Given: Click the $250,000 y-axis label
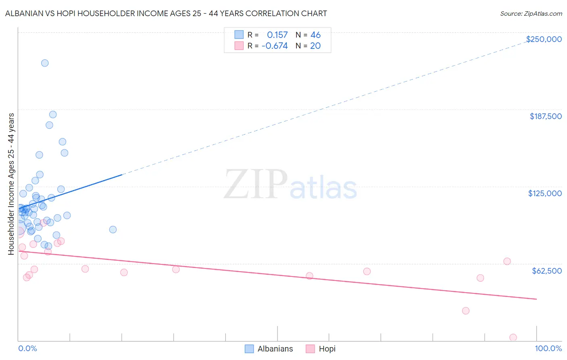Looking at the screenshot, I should (x=544, y=39).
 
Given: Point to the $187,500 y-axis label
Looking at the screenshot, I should (x=545, y=116).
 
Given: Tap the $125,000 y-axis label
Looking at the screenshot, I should (x=545, y=193).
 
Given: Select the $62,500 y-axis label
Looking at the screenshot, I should (x=546, y=271).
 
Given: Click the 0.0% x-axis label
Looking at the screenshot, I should (x=27, y=348).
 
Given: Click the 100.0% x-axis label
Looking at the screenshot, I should (x=548, y=348).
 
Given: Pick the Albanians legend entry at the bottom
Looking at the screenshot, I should (x=269, y=349).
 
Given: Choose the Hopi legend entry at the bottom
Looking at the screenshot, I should (x=321, y=349).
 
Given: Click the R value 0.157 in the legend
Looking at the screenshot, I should (x=277, y=35).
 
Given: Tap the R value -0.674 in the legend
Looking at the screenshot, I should (x=275, y=46).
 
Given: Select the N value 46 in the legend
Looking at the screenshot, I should (x=315, y=35).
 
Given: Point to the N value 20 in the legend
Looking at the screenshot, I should (x=315, y=46).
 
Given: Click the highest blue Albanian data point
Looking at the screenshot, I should (x=45, y=63).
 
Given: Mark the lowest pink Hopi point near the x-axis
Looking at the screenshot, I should (x=513, y=337).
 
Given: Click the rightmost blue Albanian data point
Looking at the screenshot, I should (x=113, y=230).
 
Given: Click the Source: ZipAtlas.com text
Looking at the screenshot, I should (x=531, y=13).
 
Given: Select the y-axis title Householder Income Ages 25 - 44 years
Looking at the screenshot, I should (x=11, y=184).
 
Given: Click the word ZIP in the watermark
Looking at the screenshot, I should (x=255, y=185).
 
